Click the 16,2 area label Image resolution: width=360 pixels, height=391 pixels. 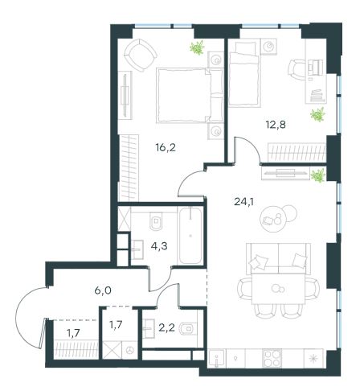pyautogui.click(x=166, y=147)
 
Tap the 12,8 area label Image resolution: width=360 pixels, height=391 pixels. pyautogui.click(x=276, y=125)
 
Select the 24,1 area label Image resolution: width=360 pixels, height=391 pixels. pyautogui.click(x=243, y=201)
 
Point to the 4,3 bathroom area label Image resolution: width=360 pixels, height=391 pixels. pyautogui.click(x=159, y=246)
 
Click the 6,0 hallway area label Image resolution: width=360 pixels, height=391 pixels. pyautogui.click(x=103, y=290)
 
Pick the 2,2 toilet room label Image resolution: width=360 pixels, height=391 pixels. pyautogui.click(x=167, y=327)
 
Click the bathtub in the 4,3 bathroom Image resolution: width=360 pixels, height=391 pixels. pyautogui.click(x=190, y=235)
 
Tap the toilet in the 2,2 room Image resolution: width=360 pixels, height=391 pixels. pyautogui.click(x=188, y=327)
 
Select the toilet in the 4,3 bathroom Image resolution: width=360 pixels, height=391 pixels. pyautogui.click(x=157, y=220)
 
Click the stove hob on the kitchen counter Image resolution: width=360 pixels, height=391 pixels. pyautogui.click(x=272, y=358)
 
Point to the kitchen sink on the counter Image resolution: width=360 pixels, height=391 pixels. pyautogui.click(x=217, y=358)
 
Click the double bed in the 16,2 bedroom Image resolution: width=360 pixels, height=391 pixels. pyautogui.click(x=190, y=95)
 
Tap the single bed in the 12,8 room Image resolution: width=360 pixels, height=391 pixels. pyautogui.click(x=244, y=74)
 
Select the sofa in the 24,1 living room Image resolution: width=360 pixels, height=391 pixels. pyautogui.click(x=279, y=259)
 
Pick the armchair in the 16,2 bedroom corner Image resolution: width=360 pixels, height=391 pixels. pyautogui.click(x=140, y=55)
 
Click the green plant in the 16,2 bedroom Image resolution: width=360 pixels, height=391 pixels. pyautogui.click(x=198, y=47)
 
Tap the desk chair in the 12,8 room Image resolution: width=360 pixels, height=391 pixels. pyautogui.click(x=297, y=69)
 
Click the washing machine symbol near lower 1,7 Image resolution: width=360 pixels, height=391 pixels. pyautogui.click(x=130, y=350)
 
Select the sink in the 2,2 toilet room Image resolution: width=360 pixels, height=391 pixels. pyautogui.click(x=149, y=328)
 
